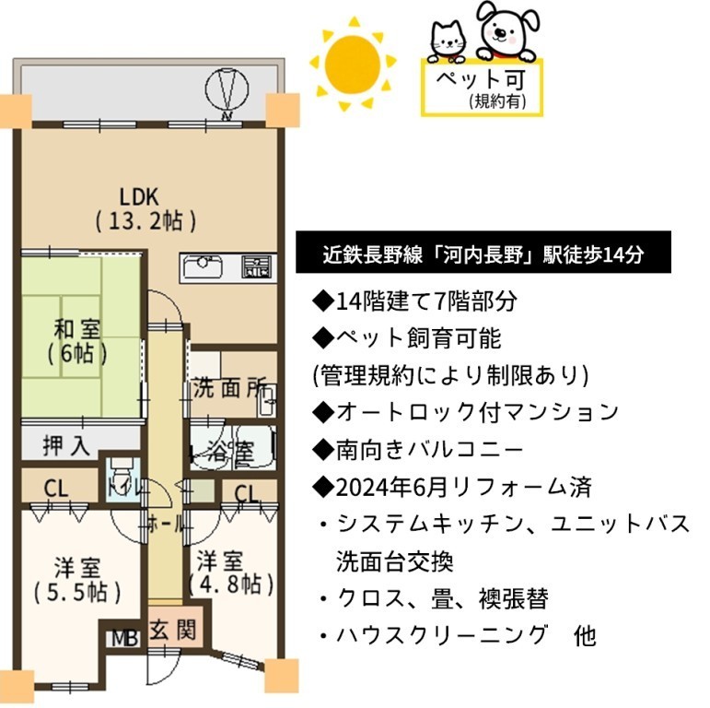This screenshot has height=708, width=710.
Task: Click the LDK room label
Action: (145, 209)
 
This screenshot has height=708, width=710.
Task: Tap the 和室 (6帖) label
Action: (77, 341)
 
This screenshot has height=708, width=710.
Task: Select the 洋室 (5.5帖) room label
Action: (77, 580)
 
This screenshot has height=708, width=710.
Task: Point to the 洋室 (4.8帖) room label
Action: (231, 572)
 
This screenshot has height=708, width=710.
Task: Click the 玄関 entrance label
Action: (173, 630)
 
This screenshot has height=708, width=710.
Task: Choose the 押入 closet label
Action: (66, 445)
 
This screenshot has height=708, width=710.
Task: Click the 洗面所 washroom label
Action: (229, 388)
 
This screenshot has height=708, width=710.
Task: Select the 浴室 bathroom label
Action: (230, 451)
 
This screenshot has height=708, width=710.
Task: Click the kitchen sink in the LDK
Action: (203, 267)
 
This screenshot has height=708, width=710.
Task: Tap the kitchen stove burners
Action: (257, 267)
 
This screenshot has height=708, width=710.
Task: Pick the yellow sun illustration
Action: (353, 64)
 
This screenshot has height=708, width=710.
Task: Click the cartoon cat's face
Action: (448, 40)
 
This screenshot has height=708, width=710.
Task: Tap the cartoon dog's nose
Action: (500, 32)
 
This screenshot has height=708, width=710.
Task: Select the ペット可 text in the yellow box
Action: (481, 80)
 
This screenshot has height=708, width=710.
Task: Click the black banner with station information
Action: (483, 252)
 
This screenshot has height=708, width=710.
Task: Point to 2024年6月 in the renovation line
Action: (391, 488)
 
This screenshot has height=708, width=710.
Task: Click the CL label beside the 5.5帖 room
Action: (56, 490)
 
